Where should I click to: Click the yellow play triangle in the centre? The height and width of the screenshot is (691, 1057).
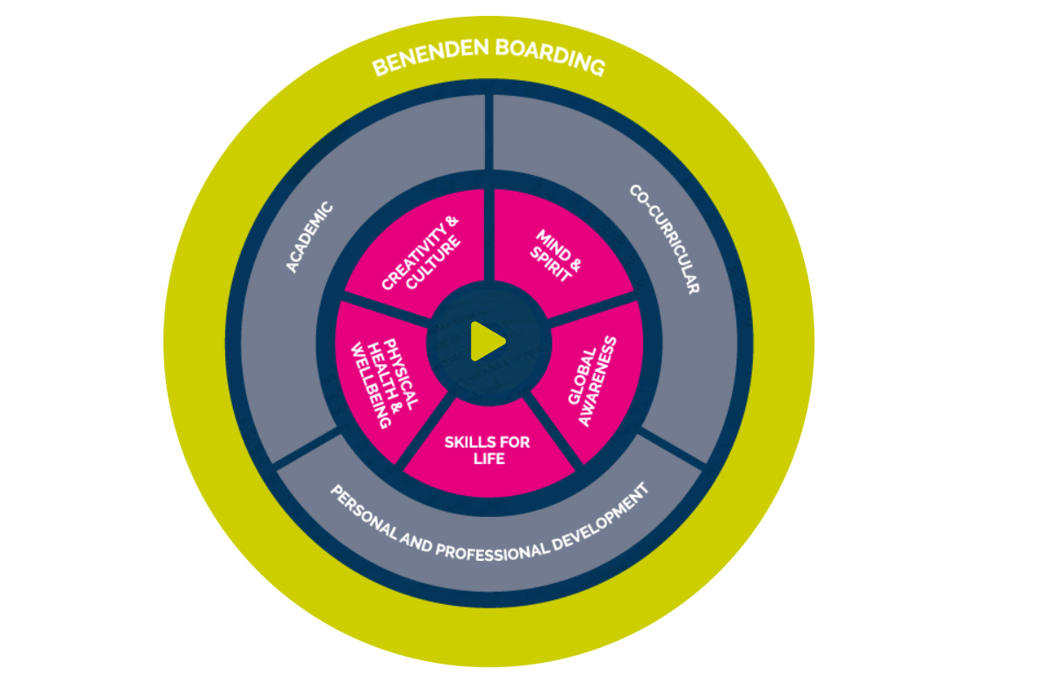click(487, 341)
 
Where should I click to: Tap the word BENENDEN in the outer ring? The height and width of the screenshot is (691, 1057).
click(430, 57)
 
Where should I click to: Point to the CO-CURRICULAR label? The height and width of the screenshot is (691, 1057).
click(664, 238)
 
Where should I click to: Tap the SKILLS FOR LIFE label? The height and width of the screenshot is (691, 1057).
click(487, 450)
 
